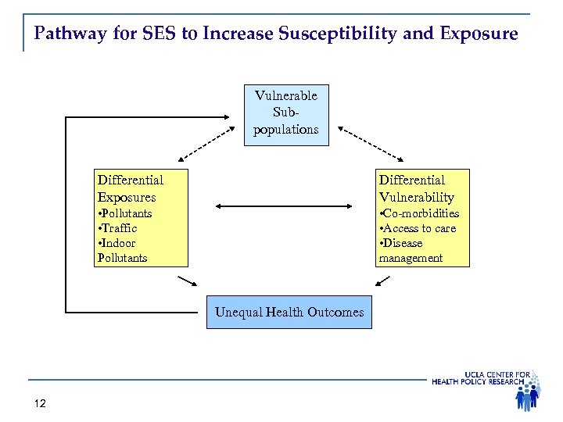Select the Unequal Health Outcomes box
pyautogui.click(x=289, y=313)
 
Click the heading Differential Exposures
pyautogui.click(x=130, y=189)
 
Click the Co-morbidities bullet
pyautogui.click(x=419, y=213)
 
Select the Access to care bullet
pyautogui.click(x=418, y=228)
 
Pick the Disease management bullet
pyautogui.click(x=411, y=251)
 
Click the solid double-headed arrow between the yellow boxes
pyautogui.click(x=283, y=206)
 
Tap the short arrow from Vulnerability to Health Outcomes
pyautogui.click(x=382, y=280)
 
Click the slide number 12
pyautogui.click(x=41, y=403)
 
